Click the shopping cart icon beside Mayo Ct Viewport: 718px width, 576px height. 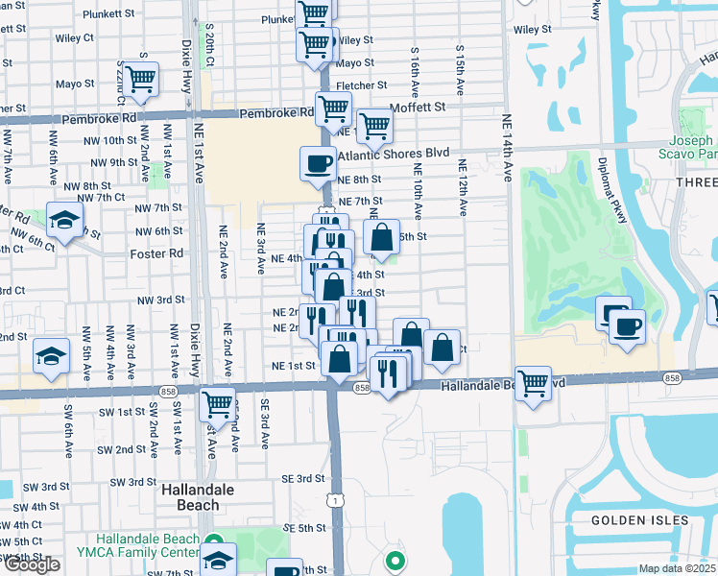pos(141,78)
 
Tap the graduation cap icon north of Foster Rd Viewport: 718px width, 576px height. pos(64,221)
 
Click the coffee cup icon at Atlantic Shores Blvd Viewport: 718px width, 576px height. pos(318,163)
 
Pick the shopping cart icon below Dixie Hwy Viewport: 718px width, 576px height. pos(218,404)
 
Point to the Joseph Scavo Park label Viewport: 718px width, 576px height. pos(688,145)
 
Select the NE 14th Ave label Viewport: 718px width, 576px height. pos(507,148)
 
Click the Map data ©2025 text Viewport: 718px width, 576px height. pos(678,568)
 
